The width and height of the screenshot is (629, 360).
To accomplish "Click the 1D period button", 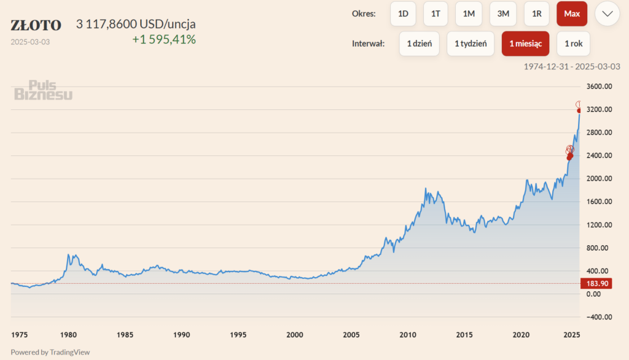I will tap(403, 14).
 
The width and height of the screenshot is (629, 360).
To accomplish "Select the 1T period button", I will tap(436, 14).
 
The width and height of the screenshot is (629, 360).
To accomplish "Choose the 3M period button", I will tap(502, 14).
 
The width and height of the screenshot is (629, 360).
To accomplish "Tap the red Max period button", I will tap(572, 14).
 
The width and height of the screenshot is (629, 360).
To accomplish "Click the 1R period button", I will tap(537, 14).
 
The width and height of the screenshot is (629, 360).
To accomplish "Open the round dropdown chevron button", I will tap(607, 14).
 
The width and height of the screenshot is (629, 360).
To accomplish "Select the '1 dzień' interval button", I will tap(419, 44).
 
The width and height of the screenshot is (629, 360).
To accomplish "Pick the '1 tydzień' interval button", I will tap(471, 44).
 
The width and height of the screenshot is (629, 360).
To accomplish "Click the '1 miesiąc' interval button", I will tap(525, 44).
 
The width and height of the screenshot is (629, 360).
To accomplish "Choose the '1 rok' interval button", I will tap(573, 44).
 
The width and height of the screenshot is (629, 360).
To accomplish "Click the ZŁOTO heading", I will tap(36, 25).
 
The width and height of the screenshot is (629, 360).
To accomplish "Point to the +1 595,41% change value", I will tap(164, 40).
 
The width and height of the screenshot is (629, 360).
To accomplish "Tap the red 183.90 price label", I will tap(595, 283).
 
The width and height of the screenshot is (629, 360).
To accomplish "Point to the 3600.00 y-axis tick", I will tap(598, 87).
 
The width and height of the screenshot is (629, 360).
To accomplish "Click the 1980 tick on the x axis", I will tap(69, 335).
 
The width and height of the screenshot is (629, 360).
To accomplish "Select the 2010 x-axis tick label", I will tap(408, 335).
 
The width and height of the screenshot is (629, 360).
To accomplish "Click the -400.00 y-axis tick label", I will tap(598, 317).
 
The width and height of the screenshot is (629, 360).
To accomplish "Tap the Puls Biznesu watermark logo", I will tap(43, 90).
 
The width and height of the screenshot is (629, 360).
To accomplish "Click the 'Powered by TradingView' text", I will tap(50, 352).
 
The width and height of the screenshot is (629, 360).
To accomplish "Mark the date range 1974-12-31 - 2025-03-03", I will tap(572, 66).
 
